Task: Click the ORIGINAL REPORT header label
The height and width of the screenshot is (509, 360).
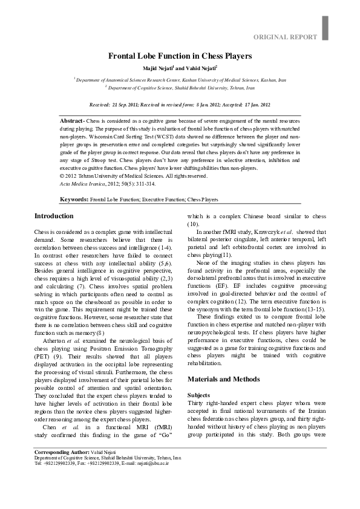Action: (x=285, y=37)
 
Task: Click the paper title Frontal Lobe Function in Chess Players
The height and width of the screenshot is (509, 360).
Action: (x=180, y=56)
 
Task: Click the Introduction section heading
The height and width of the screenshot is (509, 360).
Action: (x=54, y=216)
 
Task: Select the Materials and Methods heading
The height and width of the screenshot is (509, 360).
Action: (x=223, y=379)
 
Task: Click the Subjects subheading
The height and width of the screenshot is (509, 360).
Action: (x=199, y=395)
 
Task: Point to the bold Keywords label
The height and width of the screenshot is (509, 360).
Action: (x=74, y=199)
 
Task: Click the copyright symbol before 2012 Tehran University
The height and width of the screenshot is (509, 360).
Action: (x=63, y=176)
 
